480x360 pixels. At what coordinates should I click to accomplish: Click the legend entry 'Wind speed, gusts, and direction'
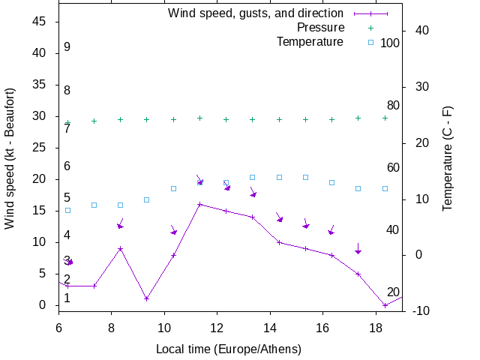255,13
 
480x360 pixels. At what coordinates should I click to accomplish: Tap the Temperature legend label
310,42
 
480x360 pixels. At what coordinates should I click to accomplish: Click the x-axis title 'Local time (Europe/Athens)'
228,349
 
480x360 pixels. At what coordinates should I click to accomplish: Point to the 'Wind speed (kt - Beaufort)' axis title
10,158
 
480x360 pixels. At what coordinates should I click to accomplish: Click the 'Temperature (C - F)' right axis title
447,158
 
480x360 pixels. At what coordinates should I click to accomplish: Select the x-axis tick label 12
217,328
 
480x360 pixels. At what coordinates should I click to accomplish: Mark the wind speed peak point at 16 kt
199,204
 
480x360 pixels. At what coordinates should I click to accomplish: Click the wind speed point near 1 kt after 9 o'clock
147,298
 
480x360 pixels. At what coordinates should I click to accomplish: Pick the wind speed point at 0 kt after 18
385,305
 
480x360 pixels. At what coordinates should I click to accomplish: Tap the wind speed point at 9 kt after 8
120,248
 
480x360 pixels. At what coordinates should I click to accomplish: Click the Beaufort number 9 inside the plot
67,47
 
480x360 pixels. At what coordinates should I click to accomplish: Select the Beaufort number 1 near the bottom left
67,298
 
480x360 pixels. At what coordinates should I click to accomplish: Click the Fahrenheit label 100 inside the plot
390,43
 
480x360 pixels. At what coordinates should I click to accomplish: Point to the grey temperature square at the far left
67,210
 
